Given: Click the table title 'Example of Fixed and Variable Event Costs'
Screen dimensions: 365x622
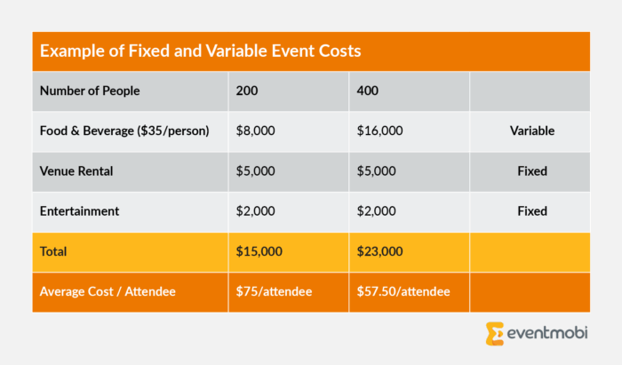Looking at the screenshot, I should coord(200,51).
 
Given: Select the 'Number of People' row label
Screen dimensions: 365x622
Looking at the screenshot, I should coord(90,91).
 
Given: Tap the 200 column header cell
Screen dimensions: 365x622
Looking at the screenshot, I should coord(246,91).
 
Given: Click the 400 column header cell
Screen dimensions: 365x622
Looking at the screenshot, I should coord(368,91).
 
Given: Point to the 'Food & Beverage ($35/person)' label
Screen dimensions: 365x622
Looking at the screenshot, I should coord(124,131).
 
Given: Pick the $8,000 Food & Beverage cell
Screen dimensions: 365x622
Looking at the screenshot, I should coord(256,131).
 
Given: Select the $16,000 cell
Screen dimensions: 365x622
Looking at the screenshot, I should coord(380,131).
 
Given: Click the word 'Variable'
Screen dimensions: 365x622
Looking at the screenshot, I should coord(532,131).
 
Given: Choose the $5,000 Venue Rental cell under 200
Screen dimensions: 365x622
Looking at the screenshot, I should coord(256,171).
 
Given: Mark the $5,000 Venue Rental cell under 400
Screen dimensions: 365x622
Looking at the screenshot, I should coord(377,171).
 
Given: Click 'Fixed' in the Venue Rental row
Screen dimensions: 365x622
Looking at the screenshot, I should coord(532,171).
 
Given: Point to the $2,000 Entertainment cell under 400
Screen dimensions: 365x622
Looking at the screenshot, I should coord(377,211).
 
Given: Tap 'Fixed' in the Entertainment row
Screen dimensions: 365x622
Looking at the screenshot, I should coord(532,211).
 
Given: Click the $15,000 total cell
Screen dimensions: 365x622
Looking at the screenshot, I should coord(259,251).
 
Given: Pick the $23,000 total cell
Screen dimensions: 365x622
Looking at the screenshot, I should coord(380,251).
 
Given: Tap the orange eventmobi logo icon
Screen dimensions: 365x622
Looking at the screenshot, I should coord(495,334).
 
